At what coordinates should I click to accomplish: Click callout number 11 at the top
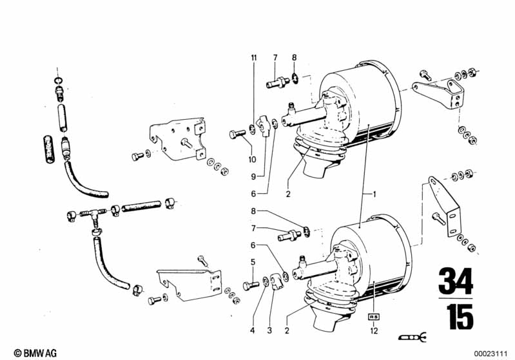[253, 58]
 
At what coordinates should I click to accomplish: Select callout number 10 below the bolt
[252, 160]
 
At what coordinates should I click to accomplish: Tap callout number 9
[253, 176]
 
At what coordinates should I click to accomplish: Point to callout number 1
[374, 194]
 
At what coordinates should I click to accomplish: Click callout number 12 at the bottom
[374, 330]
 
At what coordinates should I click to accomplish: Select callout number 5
[253, 262]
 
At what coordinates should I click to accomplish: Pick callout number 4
[252, 330]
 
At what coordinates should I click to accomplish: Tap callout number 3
[269, 330]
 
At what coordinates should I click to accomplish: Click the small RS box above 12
[374, 317]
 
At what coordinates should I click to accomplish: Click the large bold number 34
[456, 281]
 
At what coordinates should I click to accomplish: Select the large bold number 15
[460, 316]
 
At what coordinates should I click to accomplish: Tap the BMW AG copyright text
[35, 353]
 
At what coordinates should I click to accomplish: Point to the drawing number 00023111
[491, 354]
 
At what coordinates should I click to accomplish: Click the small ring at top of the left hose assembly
[58, 81]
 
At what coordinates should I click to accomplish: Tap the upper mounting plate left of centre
[178, 139]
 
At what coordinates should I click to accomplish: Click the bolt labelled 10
[237, 134]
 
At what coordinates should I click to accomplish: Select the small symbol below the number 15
[413, 337]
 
